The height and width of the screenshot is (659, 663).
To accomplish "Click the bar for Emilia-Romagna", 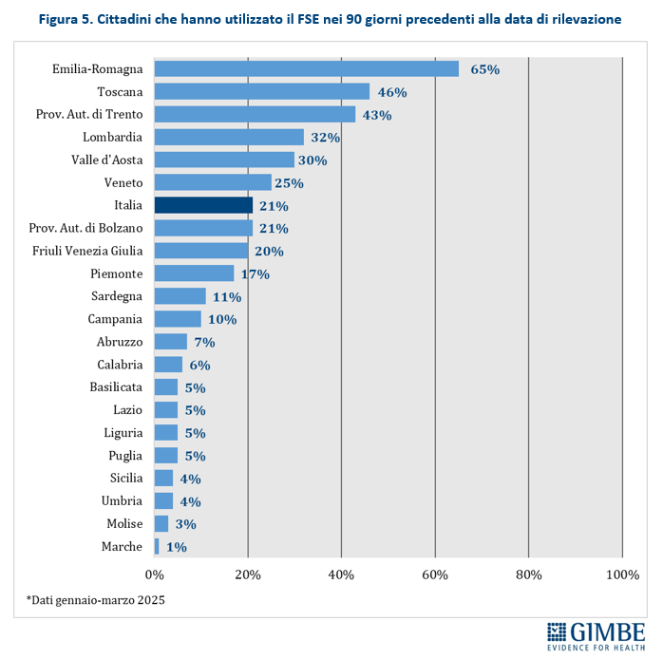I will point(306,68).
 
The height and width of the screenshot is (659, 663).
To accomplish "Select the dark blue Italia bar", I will point(203,205).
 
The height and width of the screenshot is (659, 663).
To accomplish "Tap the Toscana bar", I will point(261,91).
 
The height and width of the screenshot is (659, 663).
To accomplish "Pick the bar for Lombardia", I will point(229,137).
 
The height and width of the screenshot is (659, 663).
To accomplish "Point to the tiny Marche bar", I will point(157,546).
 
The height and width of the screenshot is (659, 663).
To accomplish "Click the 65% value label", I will point(485,69).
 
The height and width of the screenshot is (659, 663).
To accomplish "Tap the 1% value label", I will point(176,547).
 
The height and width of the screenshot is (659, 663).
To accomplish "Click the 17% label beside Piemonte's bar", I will point(256,274).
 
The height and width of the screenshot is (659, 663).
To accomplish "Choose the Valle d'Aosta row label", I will point(107,160).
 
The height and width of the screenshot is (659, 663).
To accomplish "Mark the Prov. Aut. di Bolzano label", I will point(86,228).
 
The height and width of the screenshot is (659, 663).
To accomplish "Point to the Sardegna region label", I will point(117,296).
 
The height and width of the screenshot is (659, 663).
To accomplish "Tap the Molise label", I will point(124,523).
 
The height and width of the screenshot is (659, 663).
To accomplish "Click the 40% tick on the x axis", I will point(341,574).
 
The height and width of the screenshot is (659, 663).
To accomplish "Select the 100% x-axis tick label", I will point(622,574).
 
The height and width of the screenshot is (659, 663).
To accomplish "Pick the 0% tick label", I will point(154,574).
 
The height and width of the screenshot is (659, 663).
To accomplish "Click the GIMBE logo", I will point(597,634).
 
